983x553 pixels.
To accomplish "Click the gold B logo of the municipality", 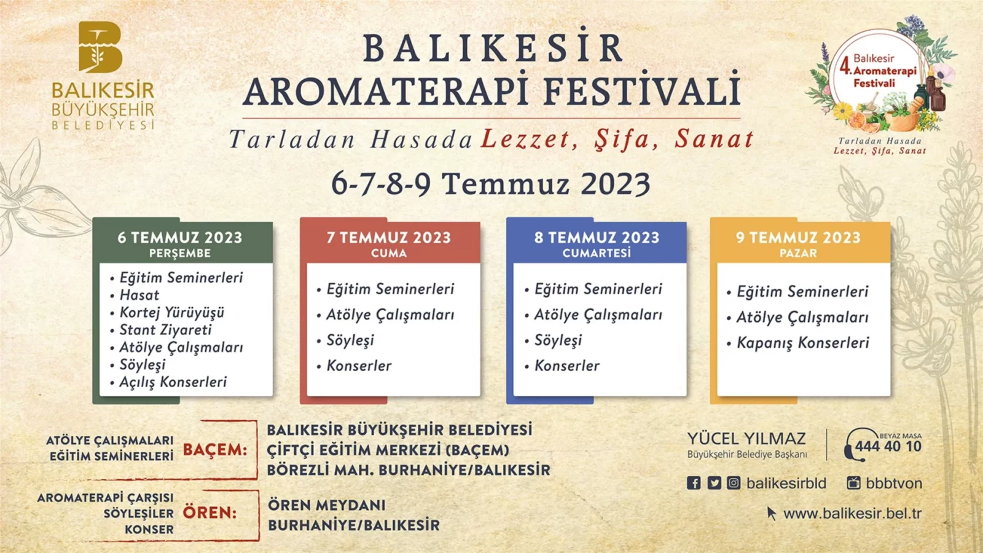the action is pyautogui.click(x=101, y=47).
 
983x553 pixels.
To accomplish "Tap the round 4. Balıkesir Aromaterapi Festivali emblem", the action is pyautogui.click(x=880, y=79).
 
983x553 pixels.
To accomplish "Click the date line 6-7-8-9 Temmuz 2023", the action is pyautogui.click(x=490, y=184).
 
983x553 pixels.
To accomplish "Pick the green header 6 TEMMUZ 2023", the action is pyautogui.click(x=180, y=237).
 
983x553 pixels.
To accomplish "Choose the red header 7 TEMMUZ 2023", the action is pyautogui.click(x=389, y=237).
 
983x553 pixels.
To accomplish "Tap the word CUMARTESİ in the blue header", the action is pyautogui.click(x=597, y=253).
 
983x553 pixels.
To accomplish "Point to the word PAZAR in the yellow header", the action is pyautogui.click(x=798, y=253).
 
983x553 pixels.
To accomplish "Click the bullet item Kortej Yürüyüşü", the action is pyautogui.click(x=171, y=313).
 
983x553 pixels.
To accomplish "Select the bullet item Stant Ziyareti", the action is pyautogui.click(x=165, y=329).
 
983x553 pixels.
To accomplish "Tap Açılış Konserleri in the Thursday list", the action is pyautogui.click(x=173, y=382).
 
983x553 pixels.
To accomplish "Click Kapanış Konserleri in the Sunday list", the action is pyautogui.click(x=802, y=343).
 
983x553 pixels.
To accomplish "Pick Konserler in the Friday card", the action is pyautogui.click(x=359, y=366).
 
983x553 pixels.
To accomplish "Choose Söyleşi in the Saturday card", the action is pyautogui.click(x=558, y=340).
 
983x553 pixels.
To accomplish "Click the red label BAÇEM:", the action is pyautogui.click(x=214, y=450).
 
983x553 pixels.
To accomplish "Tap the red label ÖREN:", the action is pyautogui.click(x=210, y=512).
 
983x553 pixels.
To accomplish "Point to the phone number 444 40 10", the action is pyautogui.click(x=888, y=447).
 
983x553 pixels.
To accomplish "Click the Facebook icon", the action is pyautogui.click(x=694, y=483).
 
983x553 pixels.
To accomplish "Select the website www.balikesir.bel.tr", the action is pyautogui.click(x=852, y=514).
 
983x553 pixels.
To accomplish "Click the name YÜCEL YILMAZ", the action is pyautogui.click(x=746, y=439).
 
